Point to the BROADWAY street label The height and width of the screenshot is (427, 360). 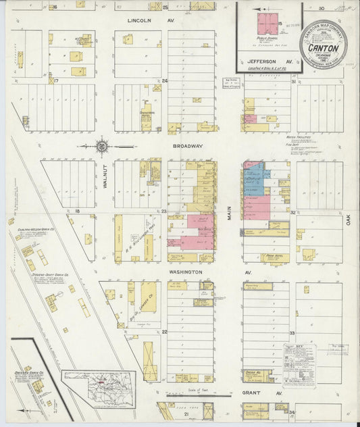[x=188, y=145]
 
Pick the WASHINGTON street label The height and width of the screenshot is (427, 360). [x=186, y=272]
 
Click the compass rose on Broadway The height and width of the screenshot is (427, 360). [x=101, y=145]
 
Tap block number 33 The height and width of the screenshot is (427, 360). [x=292, y=333]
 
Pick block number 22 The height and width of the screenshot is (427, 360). [x=164, y=332]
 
